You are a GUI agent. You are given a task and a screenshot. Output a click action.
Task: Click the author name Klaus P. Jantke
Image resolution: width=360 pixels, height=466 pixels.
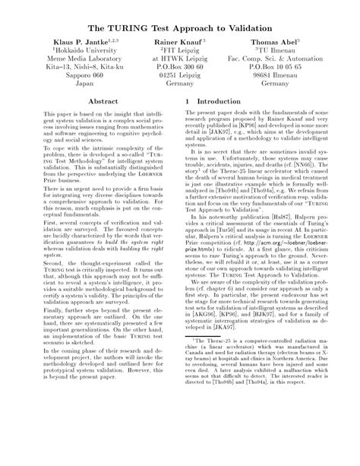(x=80, y=38)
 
